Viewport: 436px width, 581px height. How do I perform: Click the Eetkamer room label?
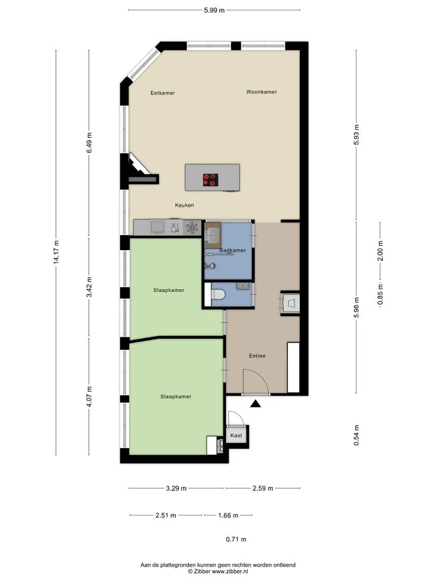click(163, 93)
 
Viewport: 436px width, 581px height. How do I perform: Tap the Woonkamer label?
click(262, 92)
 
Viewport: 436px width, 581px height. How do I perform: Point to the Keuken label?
click(184, 206)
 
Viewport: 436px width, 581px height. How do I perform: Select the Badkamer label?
click(233, 251)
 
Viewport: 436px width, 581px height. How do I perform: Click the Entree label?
click(257, 356)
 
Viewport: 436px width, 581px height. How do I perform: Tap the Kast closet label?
click(236, 435)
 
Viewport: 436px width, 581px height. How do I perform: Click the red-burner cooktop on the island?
click(210, 180)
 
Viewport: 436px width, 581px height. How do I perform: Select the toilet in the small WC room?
click(218, 295)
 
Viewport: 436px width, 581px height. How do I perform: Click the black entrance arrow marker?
click(255, 403)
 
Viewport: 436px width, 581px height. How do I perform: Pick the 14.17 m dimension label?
click(57, 252)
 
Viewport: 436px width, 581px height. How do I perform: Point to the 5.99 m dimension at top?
click(214, 10)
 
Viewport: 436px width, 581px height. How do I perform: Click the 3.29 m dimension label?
click(176, 488)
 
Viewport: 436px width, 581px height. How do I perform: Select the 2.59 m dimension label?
click(263, 488)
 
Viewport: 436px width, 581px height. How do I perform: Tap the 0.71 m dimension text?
click(236, 540)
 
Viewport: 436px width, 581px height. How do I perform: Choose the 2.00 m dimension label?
click(381, 251)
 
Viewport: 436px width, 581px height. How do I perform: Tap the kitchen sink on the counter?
click(158, 227)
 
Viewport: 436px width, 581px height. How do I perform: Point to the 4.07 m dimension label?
click(89, 396)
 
